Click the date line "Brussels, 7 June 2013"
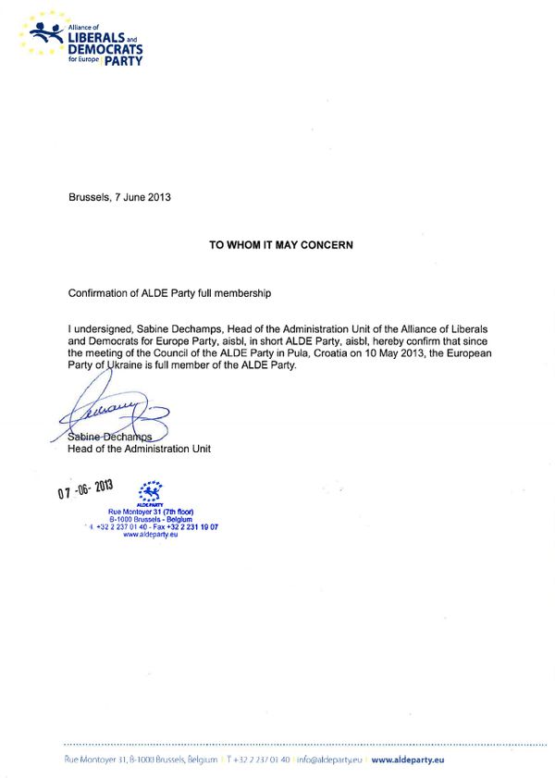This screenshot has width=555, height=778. pyautogui.click(x=119, y=197)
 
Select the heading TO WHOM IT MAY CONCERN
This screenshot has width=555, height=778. pyautogui.click(x=281, y=245)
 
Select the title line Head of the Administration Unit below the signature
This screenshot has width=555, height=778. pyautogui.click(x=140, y=450)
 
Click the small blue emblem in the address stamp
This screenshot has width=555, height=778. pyautogui.click(x=149, y=489)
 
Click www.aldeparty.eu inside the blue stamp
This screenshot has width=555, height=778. pyautogui.click(x=150, y=534)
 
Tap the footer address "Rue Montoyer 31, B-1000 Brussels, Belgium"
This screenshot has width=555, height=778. pyautogui.click(x=141, y=759)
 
